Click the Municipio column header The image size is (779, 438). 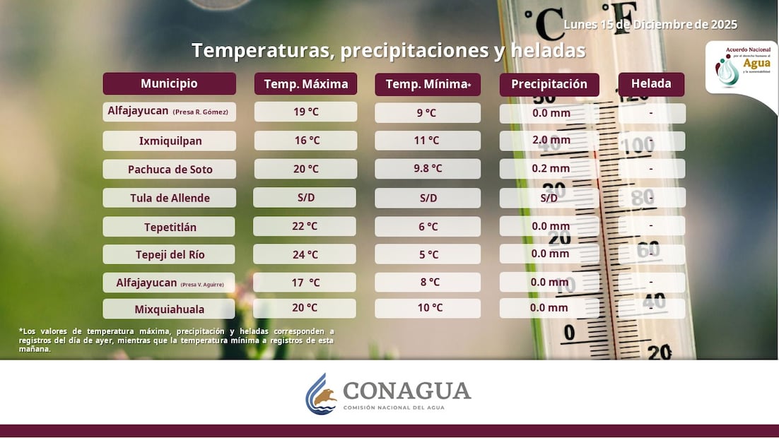(x=169, y=83)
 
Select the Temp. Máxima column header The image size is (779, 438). (x=305, y=84)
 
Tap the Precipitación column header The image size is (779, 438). (x=549, y=84)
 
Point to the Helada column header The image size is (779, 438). (x=651, y=83)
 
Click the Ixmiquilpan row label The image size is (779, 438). (x=170, y=141)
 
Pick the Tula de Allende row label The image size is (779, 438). (x=169, y=198)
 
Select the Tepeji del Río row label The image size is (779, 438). (x=169, y=254)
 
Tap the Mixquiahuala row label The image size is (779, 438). (x=169, y=309)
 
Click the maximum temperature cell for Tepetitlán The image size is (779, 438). (x=305, y=226)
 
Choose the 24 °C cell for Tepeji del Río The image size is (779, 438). (x=305, y=254)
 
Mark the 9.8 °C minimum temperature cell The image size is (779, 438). (x=428, y=169)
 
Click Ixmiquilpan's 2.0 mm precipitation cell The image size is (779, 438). (x=550, y=141)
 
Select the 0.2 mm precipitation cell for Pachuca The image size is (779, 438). (x=550, y=169)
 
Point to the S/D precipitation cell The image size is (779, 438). (x=549, y=198)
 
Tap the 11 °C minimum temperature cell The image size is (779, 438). (x=428, y=141)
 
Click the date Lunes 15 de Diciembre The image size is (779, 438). (x=650, y=25)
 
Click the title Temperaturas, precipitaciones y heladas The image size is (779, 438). (x=388, y=51)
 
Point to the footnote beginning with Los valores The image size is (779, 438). (x=176, y=340)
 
